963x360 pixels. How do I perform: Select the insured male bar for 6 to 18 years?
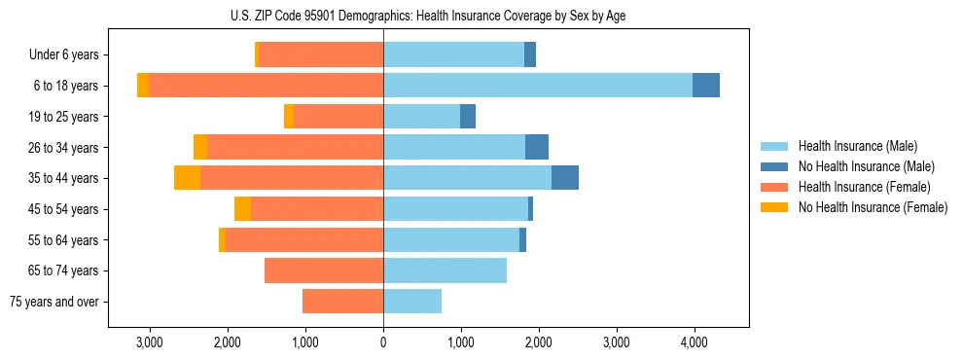[538, 86]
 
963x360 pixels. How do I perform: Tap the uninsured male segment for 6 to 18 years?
[706, 86]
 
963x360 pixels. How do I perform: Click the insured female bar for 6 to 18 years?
[266, 86]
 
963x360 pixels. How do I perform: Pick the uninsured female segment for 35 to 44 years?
[187, 178]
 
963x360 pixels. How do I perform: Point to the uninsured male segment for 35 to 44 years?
[565, 178]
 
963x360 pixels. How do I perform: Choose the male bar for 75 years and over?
[412, 302]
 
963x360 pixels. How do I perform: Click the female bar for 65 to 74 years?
[324, 270]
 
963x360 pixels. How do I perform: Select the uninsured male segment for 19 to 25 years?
[468, 117]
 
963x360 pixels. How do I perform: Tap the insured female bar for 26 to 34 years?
[295, 147]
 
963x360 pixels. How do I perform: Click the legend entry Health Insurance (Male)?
[857, 146]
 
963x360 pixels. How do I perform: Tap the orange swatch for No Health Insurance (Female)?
[774, 206]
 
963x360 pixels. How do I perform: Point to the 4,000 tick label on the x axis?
[695, 342]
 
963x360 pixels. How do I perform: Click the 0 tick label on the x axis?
[383, 342]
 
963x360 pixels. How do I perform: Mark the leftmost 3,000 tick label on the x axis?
[149, 342]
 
